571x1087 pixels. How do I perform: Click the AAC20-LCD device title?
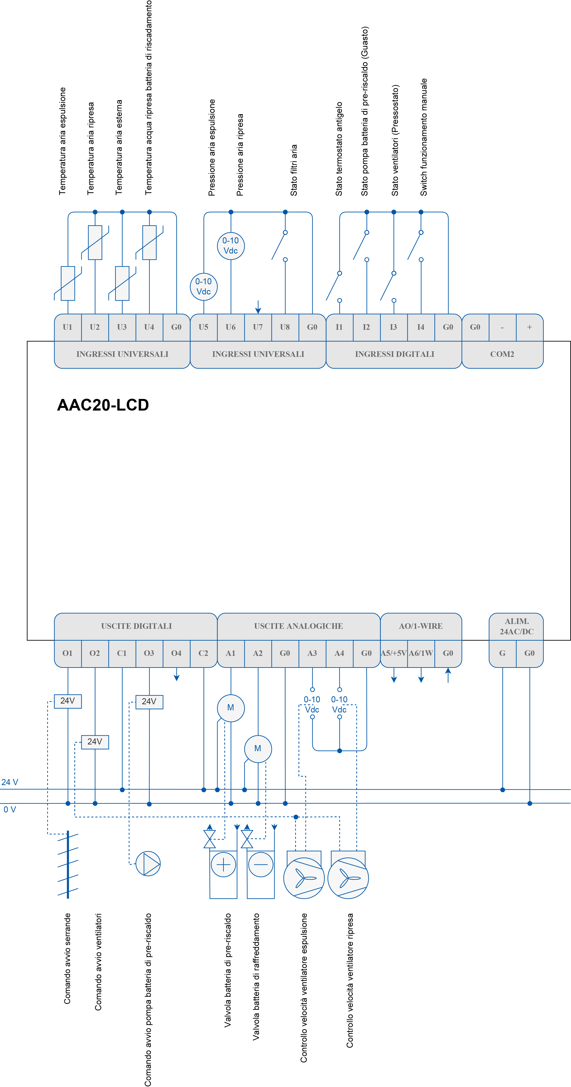pyautogui.click(x=103, y=405)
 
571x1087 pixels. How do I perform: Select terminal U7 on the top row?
pyautogui.click(x=258, y=327)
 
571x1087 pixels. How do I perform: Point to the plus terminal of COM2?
pyautogui.click(x=529, y=327)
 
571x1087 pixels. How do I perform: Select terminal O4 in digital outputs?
pyautogui.click(x=176, y=653)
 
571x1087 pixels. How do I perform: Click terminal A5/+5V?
pyautogui.click(x=394, y=653)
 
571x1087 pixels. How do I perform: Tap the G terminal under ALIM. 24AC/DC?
pyautogui.click(x=502, y=653)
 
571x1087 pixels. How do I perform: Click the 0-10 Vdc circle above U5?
pyautogui.click(x=204, y=286)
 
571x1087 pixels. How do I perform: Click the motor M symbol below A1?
pyautogui.click(x=231, y=708)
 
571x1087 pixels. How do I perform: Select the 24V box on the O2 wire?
pyautogui.click(x=95, y=742)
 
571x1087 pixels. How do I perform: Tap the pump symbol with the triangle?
pyautogui.click(x=148, y=863)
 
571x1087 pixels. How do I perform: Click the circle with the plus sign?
pyautogui.click(x=223, y=865)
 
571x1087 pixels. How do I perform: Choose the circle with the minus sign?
pyautogui.click(x=261, y=865)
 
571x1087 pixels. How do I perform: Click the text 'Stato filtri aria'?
pyautogui.click(x=294, y=171)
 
